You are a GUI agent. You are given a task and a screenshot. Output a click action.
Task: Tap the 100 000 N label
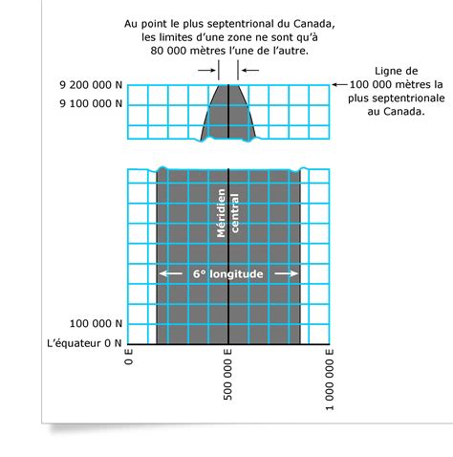(x=96, y=323)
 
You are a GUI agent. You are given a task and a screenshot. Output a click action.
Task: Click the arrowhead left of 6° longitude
(x=163, y=273)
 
